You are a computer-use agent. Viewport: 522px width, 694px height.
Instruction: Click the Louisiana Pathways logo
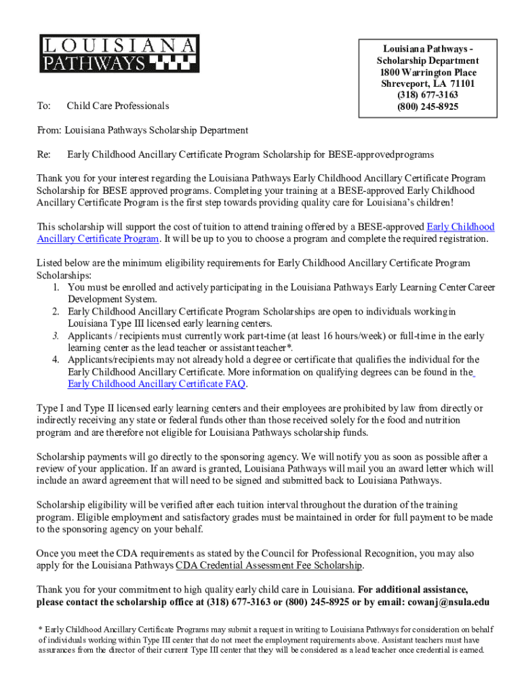[119, 54]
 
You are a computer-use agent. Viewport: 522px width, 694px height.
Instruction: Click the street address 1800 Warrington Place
[428, 73]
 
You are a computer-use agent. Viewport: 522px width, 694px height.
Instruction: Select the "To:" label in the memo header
[43, 106]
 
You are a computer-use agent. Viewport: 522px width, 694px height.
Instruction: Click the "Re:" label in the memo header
[43, 155]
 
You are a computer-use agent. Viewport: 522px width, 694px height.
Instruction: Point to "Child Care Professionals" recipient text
[118, 106]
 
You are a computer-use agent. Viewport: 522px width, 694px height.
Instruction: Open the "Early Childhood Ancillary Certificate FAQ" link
[157, 384]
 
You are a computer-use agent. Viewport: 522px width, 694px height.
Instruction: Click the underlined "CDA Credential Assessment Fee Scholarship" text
[269, 565]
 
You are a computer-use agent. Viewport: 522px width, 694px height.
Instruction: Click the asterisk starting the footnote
[39, 628]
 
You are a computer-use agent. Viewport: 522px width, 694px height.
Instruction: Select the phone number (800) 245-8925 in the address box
[428, 107]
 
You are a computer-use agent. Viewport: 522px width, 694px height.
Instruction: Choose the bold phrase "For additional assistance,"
[412, 588]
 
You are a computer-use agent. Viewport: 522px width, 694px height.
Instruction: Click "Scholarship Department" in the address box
[428, 61]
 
